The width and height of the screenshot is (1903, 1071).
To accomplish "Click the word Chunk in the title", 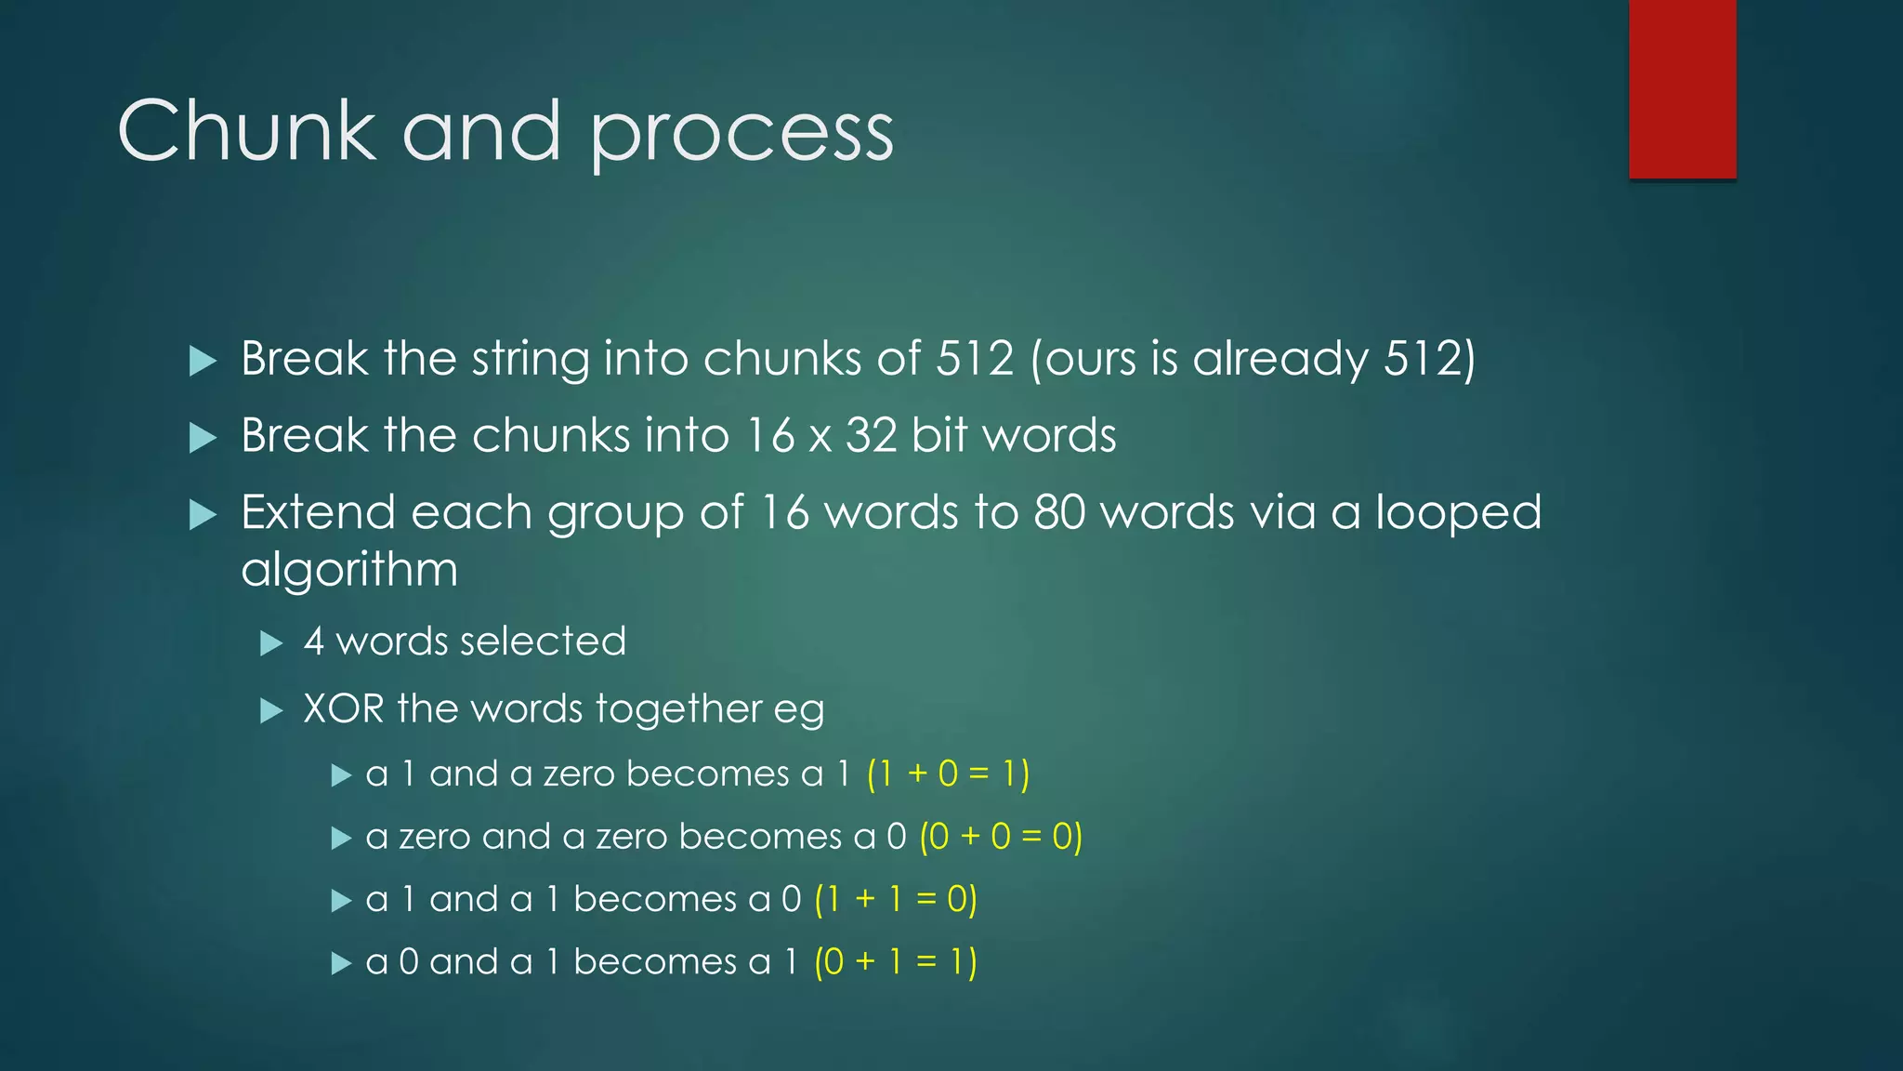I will (246, 131).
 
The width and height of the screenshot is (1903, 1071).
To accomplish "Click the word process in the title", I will (742, 136).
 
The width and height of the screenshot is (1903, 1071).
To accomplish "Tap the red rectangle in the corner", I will (1682, 88).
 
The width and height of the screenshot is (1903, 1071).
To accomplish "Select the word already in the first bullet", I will (1280, 360).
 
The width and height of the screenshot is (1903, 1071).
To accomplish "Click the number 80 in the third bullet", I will (1059, 512).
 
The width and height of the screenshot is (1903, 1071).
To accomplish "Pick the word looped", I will (1458, 514).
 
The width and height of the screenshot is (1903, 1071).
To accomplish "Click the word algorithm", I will (349, 571).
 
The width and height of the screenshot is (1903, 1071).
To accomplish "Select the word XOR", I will (343, 709).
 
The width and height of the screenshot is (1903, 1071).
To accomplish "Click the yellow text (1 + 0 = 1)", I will (948, 773).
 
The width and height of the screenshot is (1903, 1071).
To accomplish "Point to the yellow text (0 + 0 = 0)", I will (1001, 837).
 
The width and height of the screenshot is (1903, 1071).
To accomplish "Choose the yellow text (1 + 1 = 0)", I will (896, 899).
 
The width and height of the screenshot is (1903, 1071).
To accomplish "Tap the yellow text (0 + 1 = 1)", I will (896, 961).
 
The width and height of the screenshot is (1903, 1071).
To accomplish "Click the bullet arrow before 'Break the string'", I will (203, 361).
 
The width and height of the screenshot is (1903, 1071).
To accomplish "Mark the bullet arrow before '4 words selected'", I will (270, 642).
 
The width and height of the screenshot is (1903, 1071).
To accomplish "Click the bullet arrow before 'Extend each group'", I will (203, 514).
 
